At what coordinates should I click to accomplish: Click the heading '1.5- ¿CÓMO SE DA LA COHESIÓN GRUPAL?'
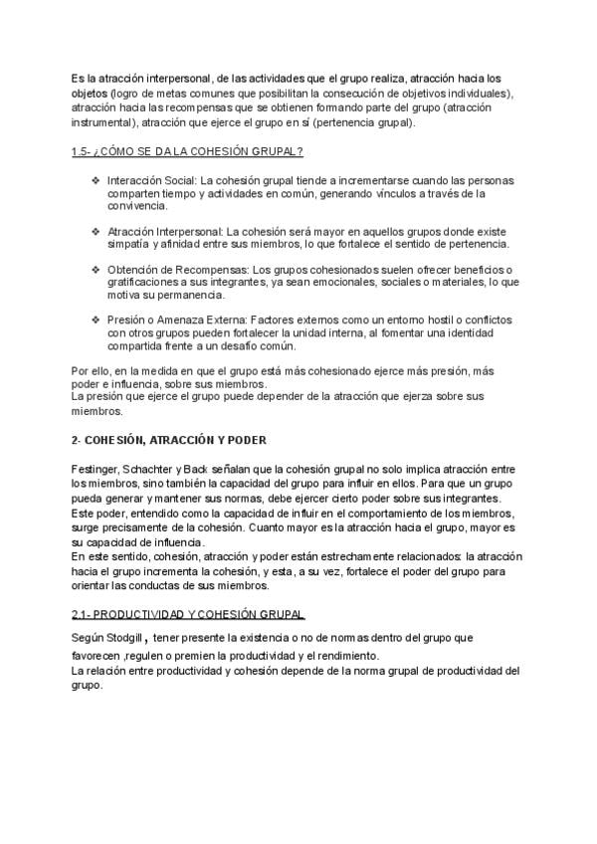coord(187,151)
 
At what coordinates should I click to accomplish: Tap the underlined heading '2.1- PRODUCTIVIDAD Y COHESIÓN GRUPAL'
coord(189,613)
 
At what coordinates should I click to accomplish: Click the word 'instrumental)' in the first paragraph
coord(102,123)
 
